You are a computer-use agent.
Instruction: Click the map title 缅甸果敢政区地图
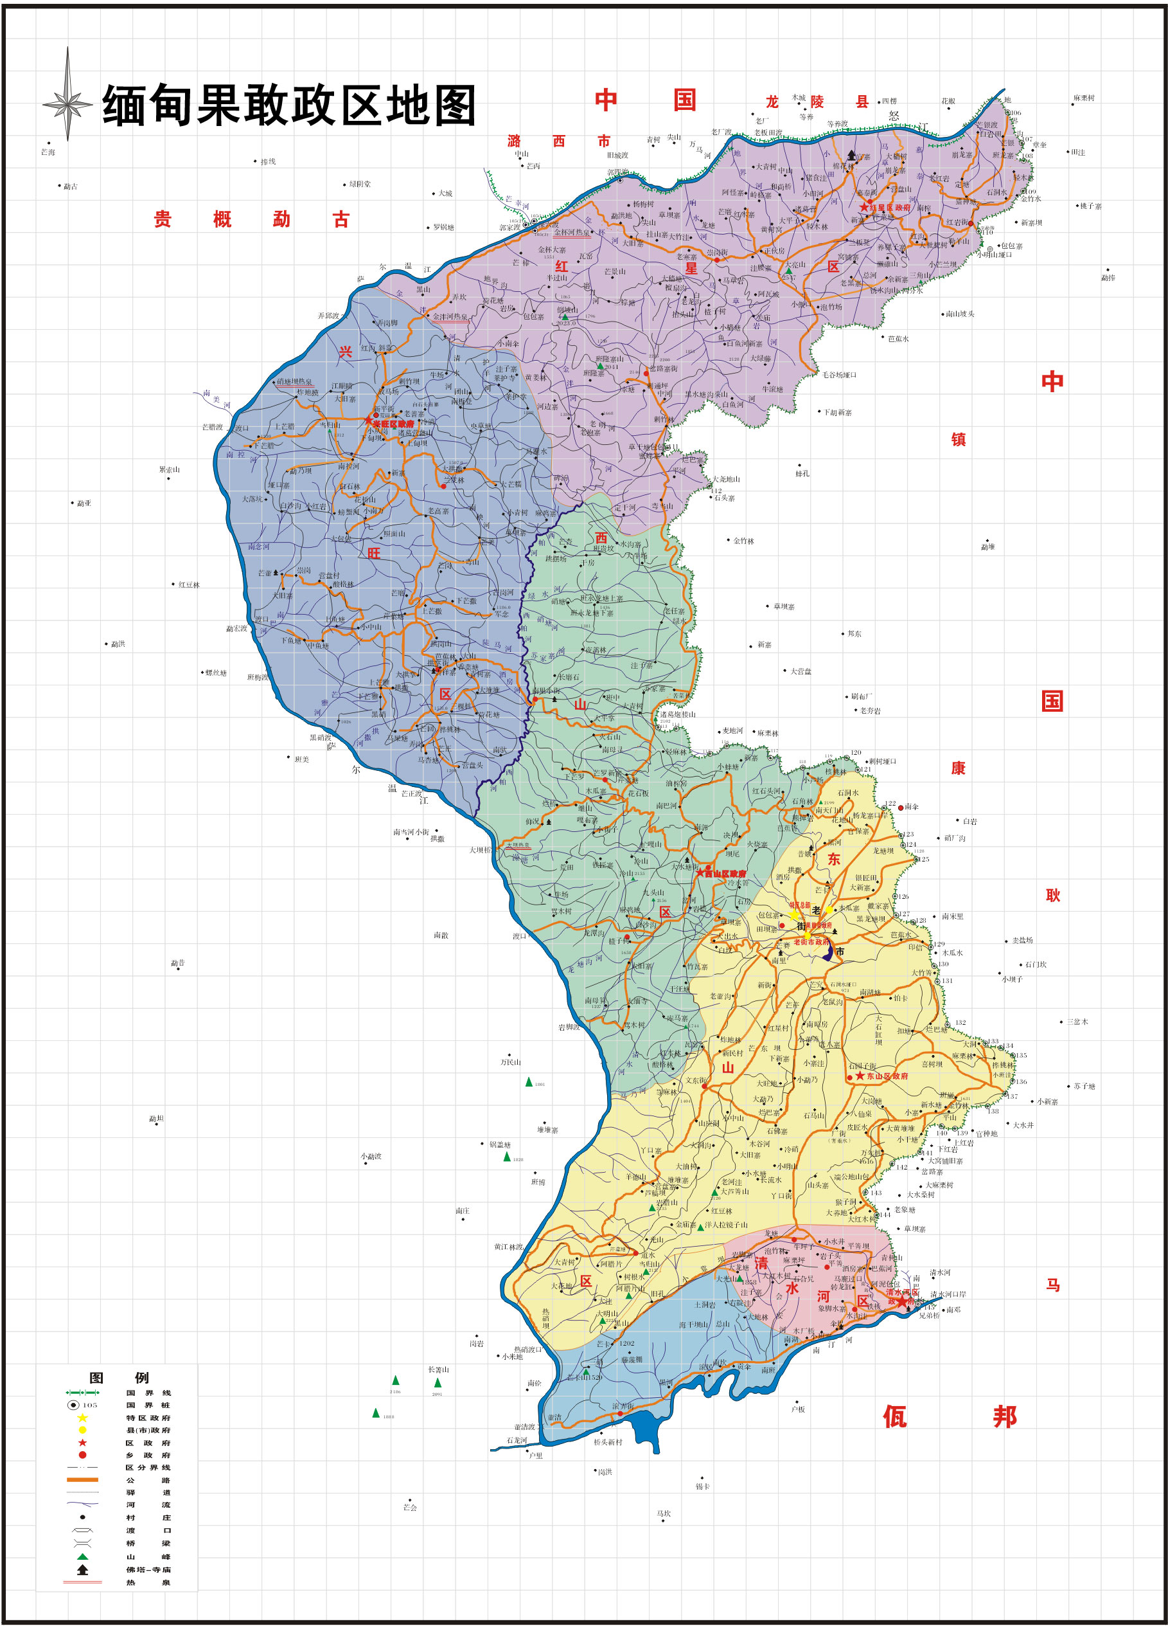[x=288, y=105]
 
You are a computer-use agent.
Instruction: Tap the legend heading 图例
[x=118, y=1377]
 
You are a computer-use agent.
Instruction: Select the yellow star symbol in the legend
[x=82, y=1418]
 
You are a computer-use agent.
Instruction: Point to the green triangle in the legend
[x=82, y=1557]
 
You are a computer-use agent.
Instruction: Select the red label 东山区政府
[x=887, y=1076]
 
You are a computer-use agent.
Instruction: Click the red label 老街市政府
[x=810, y=942]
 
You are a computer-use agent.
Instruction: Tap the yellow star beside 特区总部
[x=794, y=915]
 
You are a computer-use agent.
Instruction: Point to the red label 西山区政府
[x=725, y=874]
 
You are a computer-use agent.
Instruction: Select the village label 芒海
[x=48, y=152]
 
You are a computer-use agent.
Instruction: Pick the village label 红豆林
[x=189, y=585]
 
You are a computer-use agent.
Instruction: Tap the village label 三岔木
[x=1077, y=1022]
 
